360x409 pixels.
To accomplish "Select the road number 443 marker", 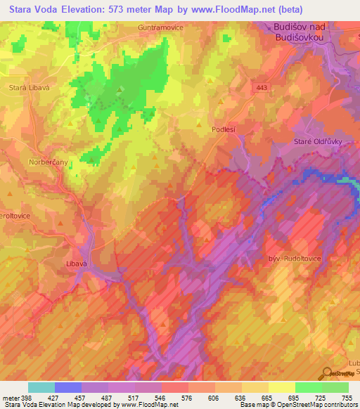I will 262,87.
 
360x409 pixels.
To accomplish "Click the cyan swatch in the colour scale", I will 41,387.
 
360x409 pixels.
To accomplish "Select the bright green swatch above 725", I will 309,387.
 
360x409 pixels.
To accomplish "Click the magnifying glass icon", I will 328,373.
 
